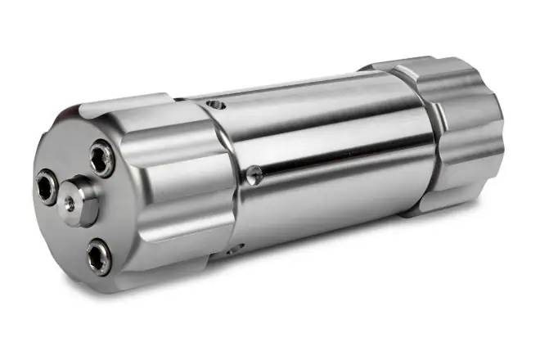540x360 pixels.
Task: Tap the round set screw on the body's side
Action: [255, 173]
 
